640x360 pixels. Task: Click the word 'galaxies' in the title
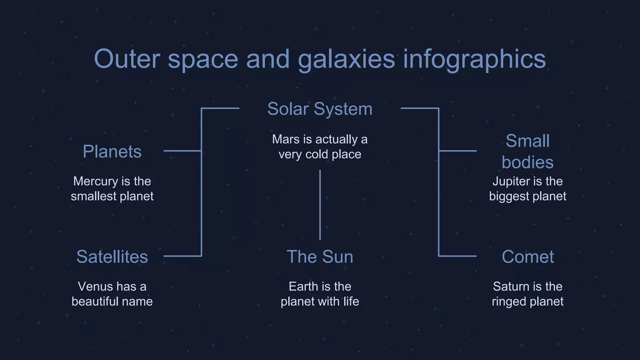point(346,59)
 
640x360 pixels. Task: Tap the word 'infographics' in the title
point(474,59)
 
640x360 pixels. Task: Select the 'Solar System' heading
point(320,109)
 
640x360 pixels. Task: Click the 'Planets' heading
point(112,152)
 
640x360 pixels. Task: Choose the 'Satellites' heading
point(112,257)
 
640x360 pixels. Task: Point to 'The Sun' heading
point(320,257)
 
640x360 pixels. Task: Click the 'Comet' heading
point(527,257)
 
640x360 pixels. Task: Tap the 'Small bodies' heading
point(527,152)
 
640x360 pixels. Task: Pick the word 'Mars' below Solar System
point(286,139)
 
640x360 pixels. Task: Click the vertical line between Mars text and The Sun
point(320,205)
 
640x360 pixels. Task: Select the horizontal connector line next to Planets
point(182,151)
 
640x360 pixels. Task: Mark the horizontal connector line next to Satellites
point(182,256)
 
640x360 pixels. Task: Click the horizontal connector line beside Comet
point(457,256)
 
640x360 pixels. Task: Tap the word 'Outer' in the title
point(127,59)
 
